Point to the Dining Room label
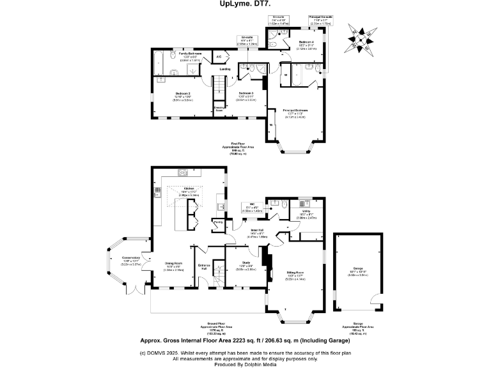click(x=175, y=263)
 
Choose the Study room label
click(x=246, y=263)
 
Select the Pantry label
click(x=219, y=222)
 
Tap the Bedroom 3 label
click(x=246, y=93)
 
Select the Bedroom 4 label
click(x=306, y=42)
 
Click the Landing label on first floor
click(x=225, y=69)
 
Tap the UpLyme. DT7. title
click(x=245, y=4)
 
